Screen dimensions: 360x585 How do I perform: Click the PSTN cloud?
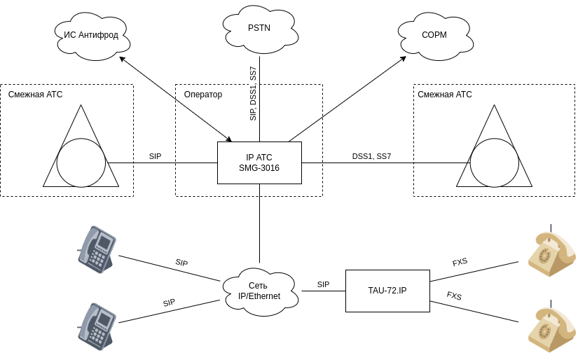(x=259, y=29)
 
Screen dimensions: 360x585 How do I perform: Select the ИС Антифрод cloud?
(x=92, y=35)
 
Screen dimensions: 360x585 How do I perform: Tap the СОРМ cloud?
(x=434, y=35)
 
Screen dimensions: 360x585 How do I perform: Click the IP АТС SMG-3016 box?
(x=259, y=162)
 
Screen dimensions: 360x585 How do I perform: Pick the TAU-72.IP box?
(x=387, y=291)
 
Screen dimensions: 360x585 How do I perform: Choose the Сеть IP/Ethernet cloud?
(x=259, y=291)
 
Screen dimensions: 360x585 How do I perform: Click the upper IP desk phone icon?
(x=97, y=249)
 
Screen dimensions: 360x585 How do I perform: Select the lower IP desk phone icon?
(x=97, y=326)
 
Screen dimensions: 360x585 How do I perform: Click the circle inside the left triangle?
(x=81, y=162)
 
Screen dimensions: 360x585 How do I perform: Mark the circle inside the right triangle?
(x=495, y=162)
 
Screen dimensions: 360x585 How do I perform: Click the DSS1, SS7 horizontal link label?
(x=371, y=156)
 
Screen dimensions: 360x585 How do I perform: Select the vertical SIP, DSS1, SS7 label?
(x=253, y=94)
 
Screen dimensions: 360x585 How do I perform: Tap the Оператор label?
(x=203, y=95)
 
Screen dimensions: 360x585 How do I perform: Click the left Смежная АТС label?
(x=36, y=95)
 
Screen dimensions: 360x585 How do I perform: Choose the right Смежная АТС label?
(x=445, y=95)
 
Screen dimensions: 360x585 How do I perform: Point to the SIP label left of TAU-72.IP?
(x=323, y=284)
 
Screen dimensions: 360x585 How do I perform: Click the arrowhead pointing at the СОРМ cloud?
(x=404, y=58)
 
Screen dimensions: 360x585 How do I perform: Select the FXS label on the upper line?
(x=460, y=262)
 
